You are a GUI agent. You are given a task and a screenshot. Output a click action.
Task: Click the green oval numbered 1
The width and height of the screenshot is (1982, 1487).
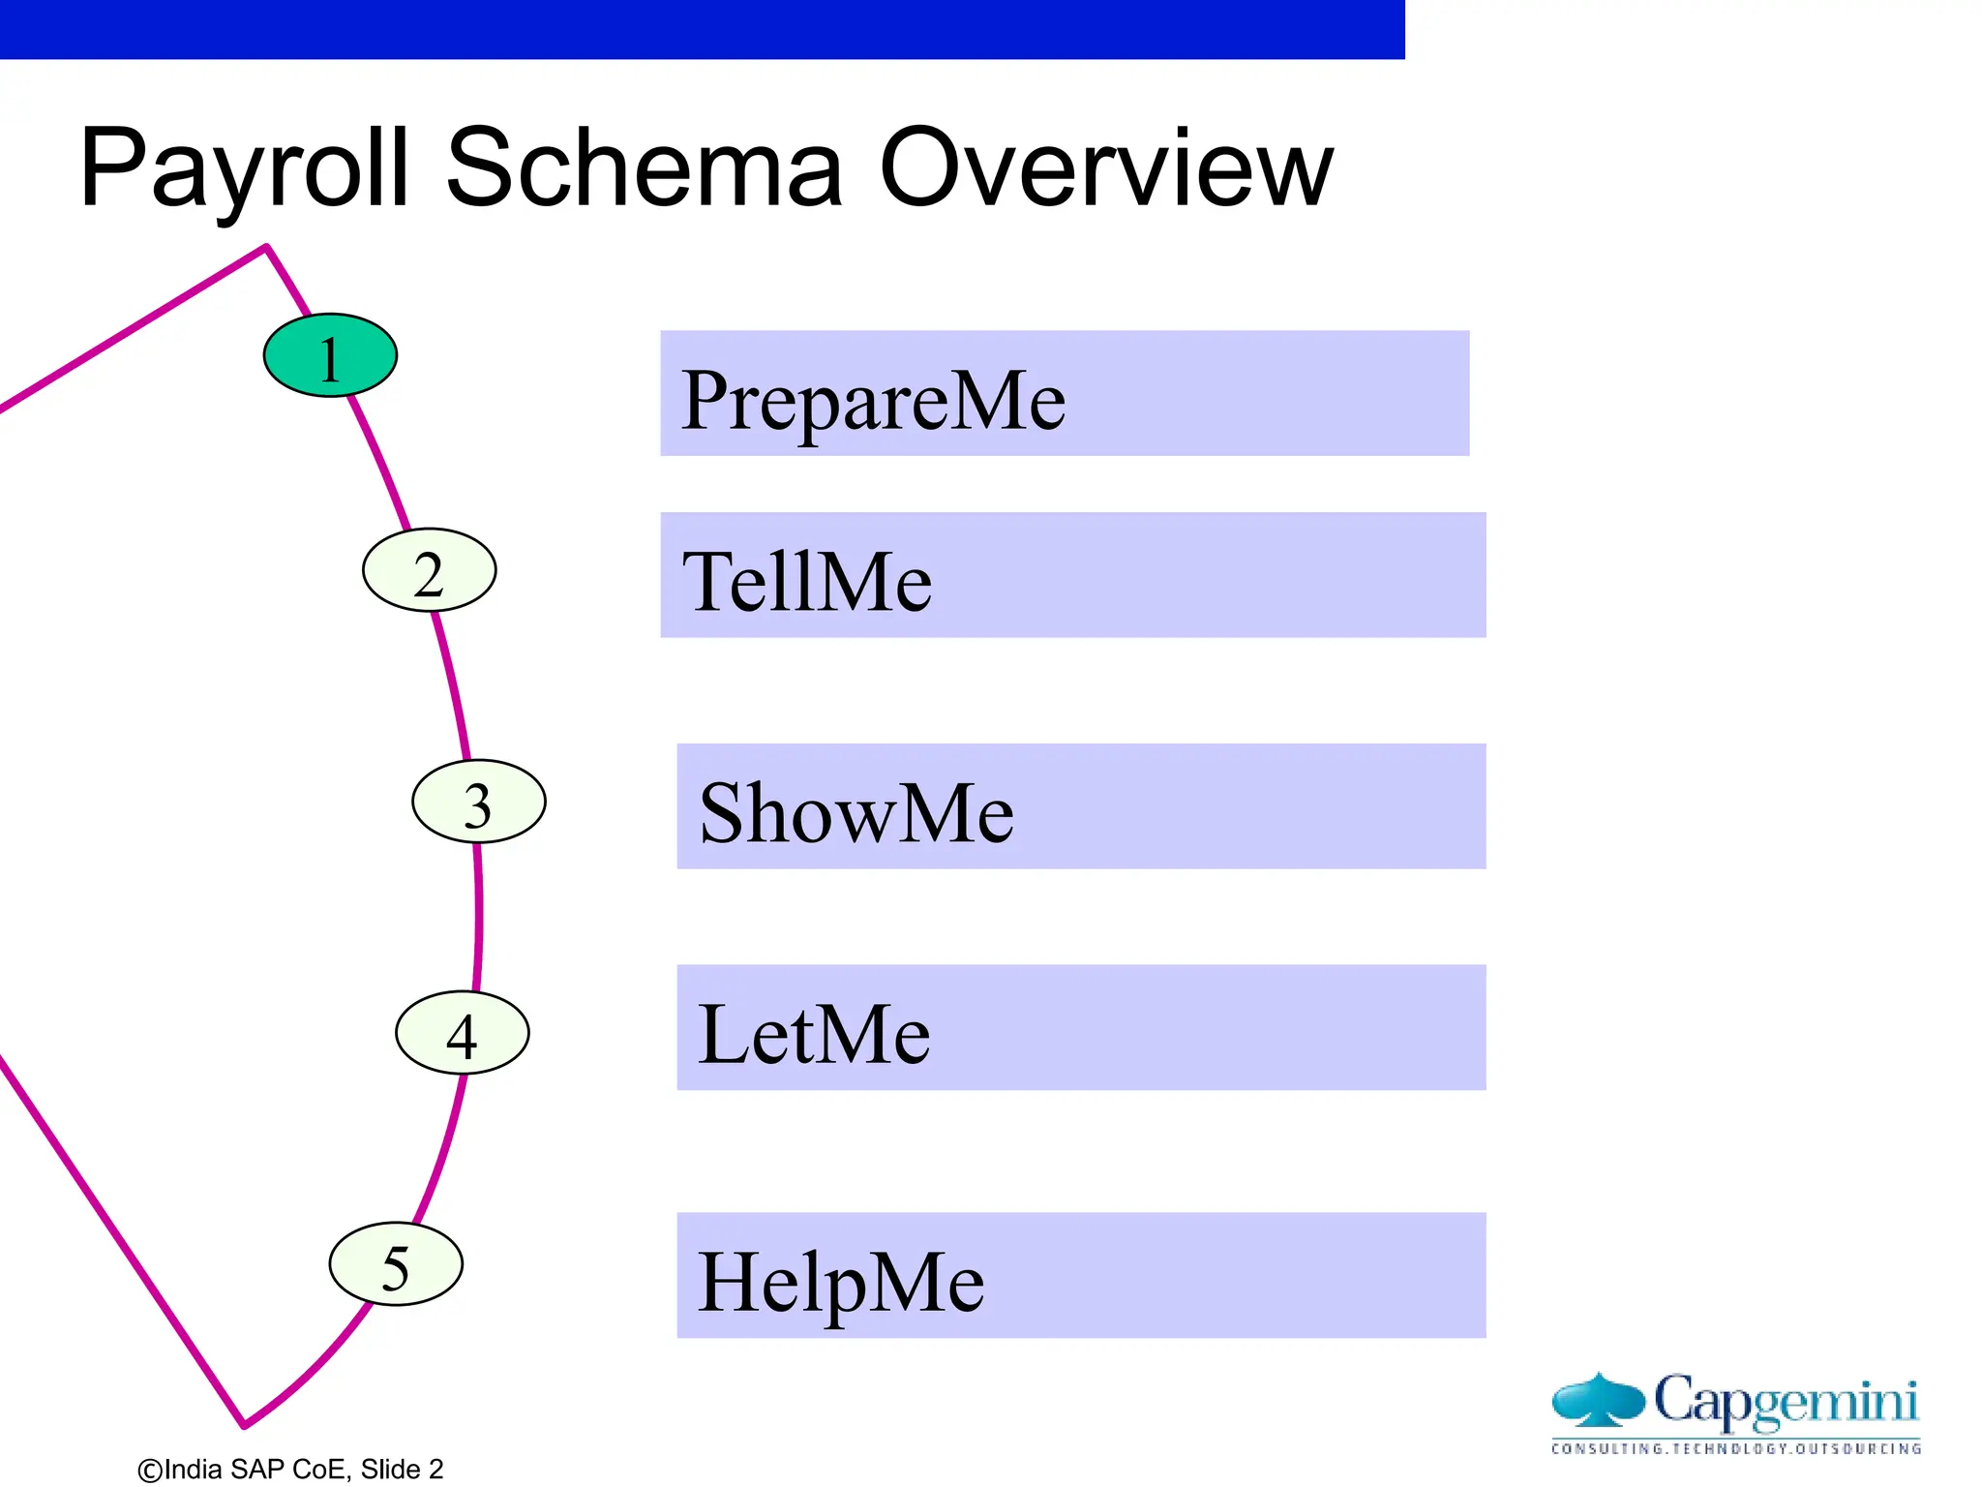click(330, 355)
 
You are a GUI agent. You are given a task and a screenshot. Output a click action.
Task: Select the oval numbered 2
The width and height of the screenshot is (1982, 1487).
click(429, 570)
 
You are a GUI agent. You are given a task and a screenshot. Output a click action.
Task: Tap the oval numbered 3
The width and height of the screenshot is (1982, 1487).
click(478, 802)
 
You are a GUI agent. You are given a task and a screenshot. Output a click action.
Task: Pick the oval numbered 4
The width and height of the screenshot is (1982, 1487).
click(462, 1033)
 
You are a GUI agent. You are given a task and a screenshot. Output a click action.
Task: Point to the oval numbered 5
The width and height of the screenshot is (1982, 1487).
click(396, 1264)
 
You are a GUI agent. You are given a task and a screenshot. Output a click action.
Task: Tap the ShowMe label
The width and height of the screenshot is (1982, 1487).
click(856, 812)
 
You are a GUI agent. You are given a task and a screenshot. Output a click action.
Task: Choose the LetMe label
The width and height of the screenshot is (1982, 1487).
click(814, 1033)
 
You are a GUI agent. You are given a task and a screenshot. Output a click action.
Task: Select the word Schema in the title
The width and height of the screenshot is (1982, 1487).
click(644, 169)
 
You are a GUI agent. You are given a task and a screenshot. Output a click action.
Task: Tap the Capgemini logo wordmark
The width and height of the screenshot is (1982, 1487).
click(1786, 1401)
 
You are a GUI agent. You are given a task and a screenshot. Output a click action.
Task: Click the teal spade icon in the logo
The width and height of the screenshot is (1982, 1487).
click(1598, 1400)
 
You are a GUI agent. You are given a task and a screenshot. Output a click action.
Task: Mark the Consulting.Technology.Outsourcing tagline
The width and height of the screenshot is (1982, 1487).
click(1736, 1449)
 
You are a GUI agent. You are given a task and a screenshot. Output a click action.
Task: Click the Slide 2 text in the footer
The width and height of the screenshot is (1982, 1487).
click(402, 1470)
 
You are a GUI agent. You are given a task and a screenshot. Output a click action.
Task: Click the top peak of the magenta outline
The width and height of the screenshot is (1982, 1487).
click(266, 248)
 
